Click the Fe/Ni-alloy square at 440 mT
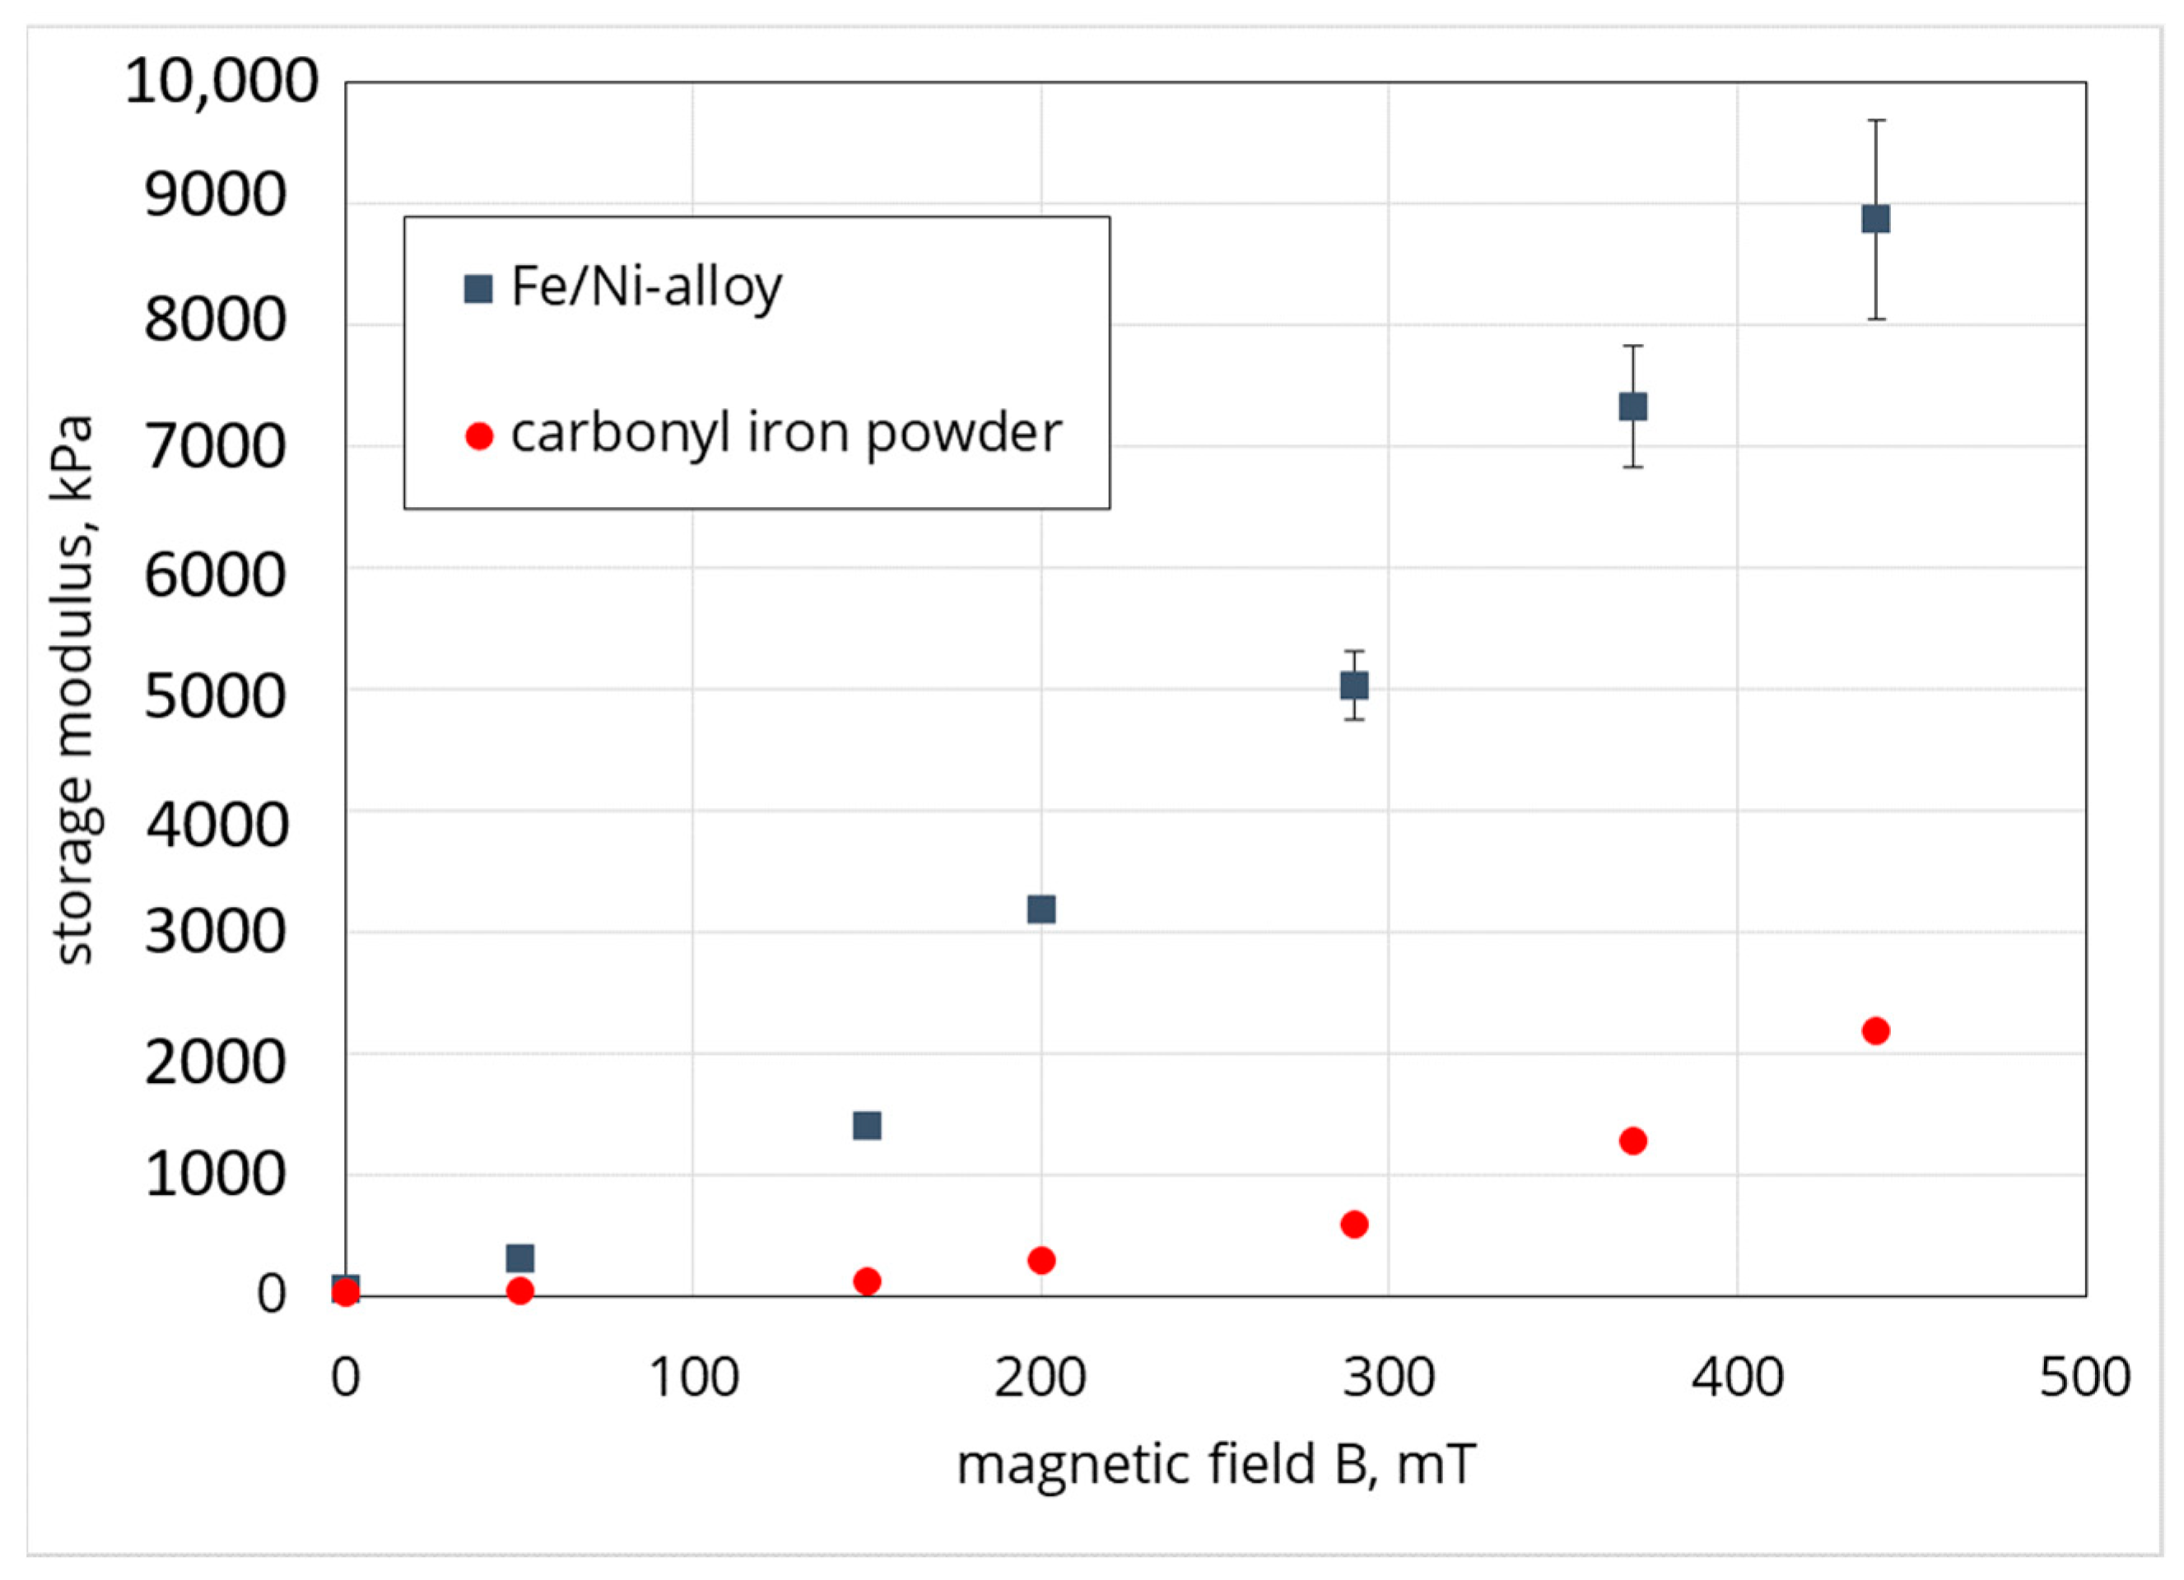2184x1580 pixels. (1875, 220)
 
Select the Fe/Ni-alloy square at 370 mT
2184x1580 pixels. (1632, 407)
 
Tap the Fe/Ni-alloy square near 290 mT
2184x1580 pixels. (1354, 685)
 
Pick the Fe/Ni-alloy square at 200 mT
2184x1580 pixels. (1041, 908)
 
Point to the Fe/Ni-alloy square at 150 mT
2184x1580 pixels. (867, 1126)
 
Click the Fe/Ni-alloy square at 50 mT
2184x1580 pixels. (520, 1257)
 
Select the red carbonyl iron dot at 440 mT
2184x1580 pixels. (1875, 1031)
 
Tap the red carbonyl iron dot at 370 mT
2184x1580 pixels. (1632, 1141)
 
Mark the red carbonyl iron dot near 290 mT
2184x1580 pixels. (1354, 1224)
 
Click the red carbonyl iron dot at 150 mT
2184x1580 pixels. (867, 1280)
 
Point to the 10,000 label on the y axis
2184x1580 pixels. (221, 81)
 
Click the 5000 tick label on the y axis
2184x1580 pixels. (215, 696)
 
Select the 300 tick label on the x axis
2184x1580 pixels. (1389, 1378)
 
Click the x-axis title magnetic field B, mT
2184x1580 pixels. (1215, 1465)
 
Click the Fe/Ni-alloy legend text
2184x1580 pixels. (646, 287)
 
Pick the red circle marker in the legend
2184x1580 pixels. (478, 436)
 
